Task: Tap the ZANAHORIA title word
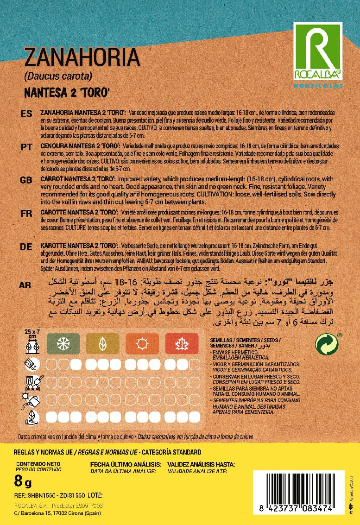click(x=82, y=58)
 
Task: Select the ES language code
click(x=26, y=114)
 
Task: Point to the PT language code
click(x=26, y=146)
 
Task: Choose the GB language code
click(x=26, y=180)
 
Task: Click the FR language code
click(x=26, y=213)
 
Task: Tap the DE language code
click(x=26, y=247)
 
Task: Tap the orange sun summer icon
click(x=140, y=344)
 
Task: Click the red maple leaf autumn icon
click(x=179, y=344)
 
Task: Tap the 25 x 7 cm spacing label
click(x=32, y=334)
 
